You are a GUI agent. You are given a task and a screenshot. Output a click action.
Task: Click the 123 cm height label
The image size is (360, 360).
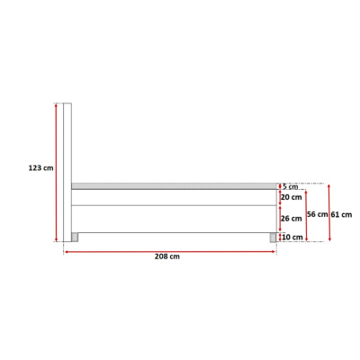pyautogui.click(x=40, y=167)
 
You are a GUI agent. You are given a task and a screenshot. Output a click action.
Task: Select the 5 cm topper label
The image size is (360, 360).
pyautogui.click(x=291, y=187)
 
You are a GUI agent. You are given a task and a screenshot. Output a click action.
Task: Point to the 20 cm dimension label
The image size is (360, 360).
pyautogui.click(x=292, y=197)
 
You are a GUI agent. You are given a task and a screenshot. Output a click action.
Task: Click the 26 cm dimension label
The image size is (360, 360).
pyautogui.click(x=292, y=219)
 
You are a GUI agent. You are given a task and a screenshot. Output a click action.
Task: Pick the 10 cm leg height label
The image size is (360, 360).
pyautogui.click(x=292, y=237)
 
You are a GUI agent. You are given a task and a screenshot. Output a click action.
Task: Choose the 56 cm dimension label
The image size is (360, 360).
pyautogui.click(x=318, y=214)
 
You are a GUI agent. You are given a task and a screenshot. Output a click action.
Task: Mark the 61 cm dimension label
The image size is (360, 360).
pyautogui.click(x=341, y=214)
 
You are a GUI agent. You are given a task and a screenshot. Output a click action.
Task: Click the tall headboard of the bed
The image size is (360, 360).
pyautogui.click(x=67, y=171)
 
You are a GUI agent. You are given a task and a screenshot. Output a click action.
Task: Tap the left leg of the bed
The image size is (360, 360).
pyautogui.click(x=75, y=238)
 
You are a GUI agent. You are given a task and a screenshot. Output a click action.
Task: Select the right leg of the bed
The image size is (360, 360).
pyautogui.click(x=272, y=238)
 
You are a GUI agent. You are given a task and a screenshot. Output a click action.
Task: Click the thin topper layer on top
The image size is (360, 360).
pyautogui.click(x=173, y=186)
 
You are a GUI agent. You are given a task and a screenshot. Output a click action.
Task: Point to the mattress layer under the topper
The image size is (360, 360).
pyautogui.click(x=173, y=197)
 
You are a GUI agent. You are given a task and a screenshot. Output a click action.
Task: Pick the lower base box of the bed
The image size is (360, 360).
pyautogui.click(x=173, y=219)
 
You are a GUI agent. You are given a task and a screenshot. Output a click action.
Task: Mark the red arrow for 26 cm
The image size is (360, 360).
pyautogui.click(x=280, y=219)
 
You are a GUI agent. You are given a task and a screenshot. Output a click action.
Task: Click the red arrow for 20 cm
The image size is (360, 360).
pyautogui.click(x=280, y=197)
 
